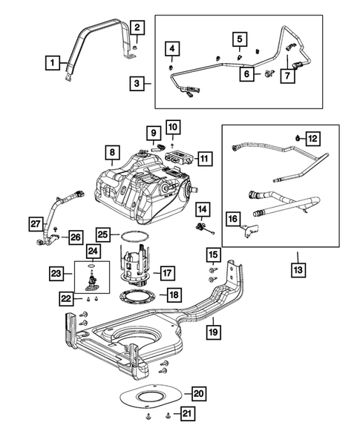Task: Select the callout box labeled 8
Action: click(x=111, y=154)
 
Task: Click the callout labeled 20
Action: click(x=197, y=393)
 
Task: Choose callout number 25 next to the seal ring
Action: click(x=103, y=234)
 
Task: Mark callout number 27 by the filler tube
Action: click(x=35, y=223)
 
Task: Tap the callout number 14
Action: click(x=203, y=210)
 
